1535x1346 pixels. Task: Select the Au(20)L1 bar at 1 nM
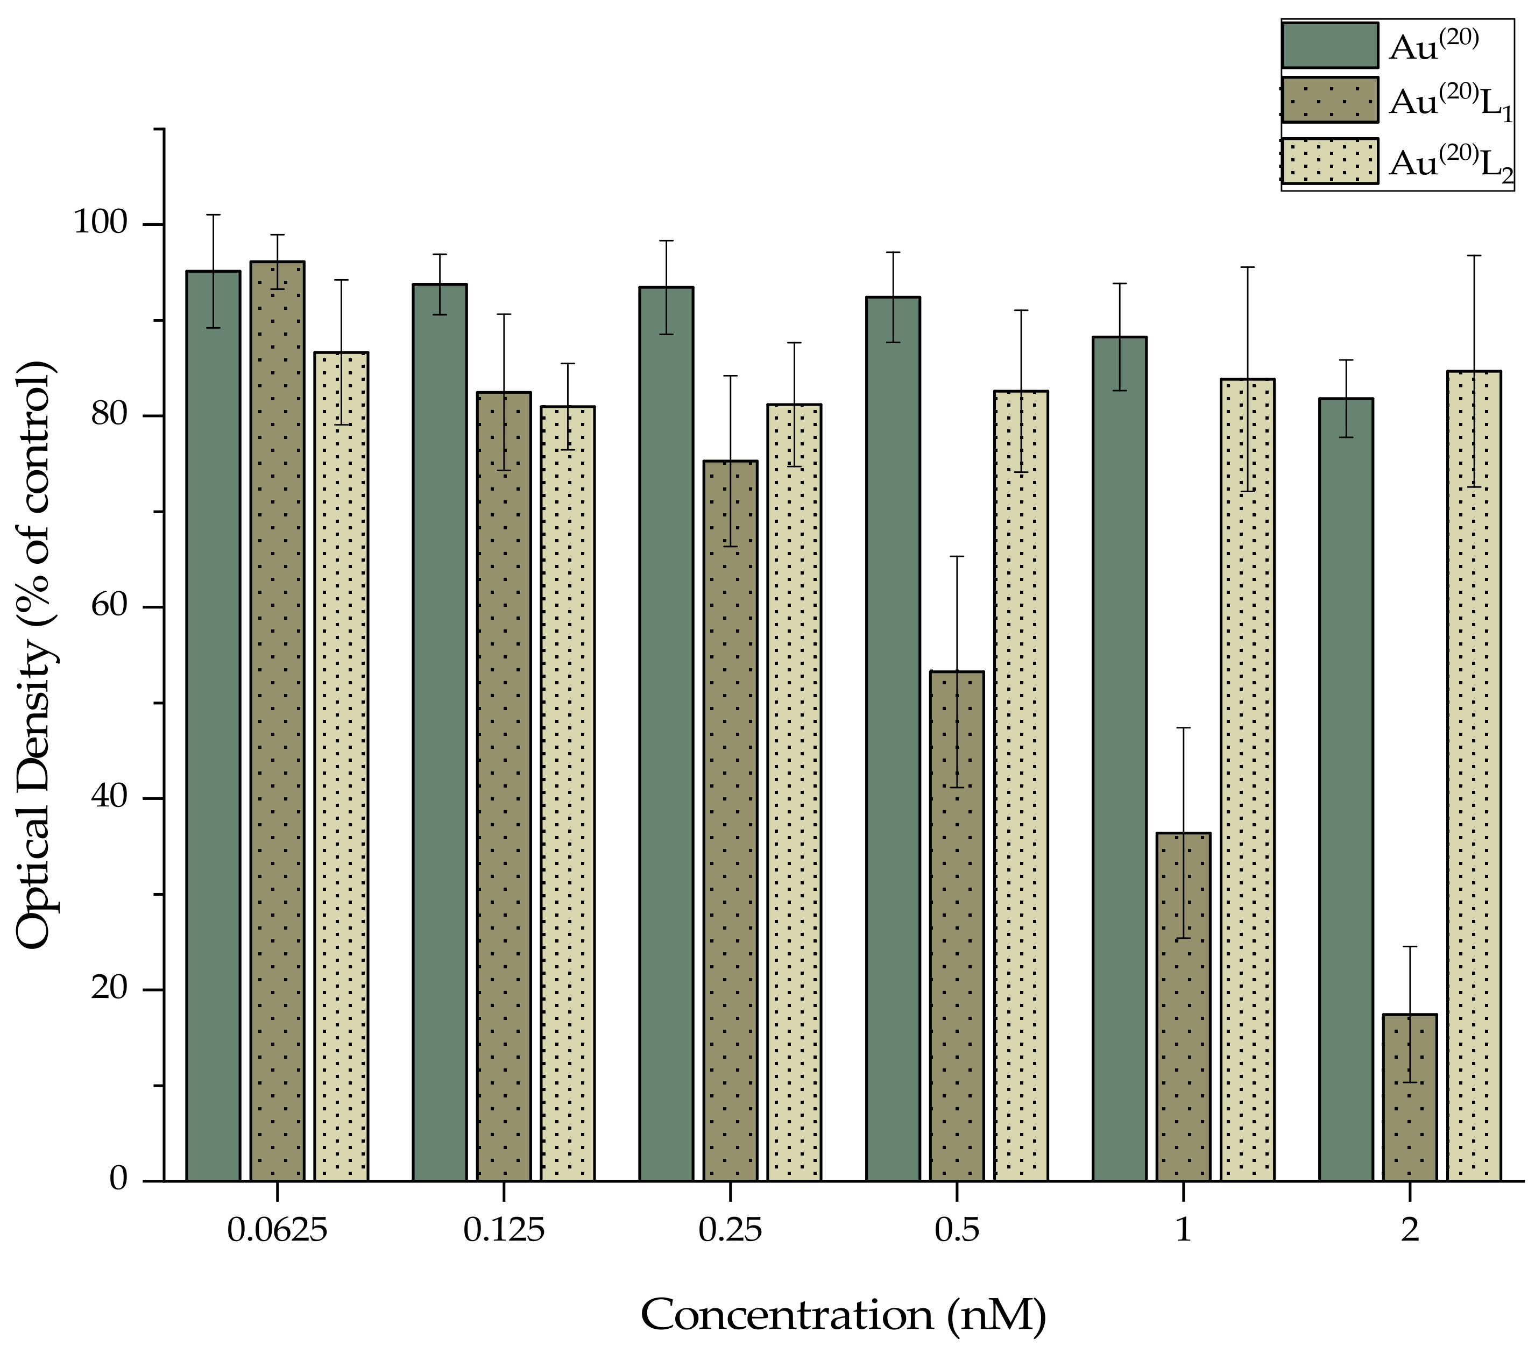(x=1184, y=1006)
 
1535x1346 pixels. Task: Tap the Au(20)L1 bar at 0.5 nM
(x=957, y=927)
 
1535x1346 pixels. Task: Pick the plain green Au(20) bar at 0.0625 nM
(x=213, y=725)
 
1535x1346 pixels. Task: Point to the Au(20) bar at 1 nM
(x=1120, y=758)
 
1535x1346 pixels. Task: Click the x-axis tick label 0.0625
(x=277, y=1230)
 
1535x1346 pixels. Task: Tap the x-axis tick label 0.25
(x=730, y=1230)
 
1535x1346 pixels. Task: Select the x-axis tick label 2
(x=1410, y=1230)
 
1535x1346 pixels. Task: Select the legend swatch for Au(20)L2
(x=1330, y=160)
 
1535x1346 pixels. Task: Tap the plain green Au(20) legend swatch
(x=1330, y=45)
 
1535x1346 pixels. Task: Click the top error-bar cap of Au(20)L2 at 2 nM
(x=1474, y=256)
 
